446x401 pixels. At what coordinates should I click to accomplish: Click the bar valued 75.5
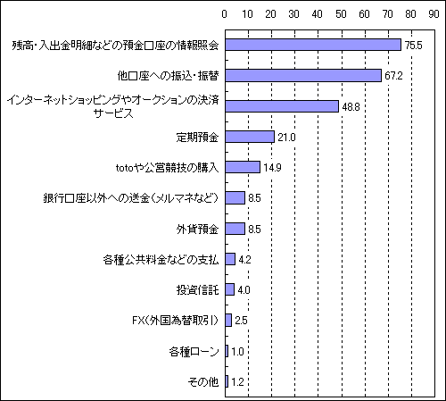pos(313,45)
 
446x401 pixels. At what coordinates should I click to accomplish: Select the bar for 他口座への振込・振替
pos(303,76)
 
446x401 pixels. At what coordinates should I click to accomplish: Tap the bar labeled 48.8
pos(282,106)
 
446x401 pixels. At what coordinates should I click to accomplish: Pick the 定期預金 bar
pos(250,137)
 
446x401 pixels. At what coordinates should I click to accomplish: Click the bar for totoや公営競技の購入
pos(243,167)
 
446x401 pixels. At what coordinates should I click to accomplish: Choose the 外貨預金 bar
pos(235,229)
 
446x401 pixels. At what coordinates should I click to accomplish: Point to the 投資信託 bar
pos(230,289)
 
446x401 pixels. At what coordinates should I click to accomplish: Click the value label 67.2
pos(393,76)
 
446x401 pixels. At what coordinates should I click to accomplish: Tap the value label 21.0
pos(286,138)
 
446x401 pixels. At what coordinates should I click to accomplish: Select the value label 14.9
pos(272,168)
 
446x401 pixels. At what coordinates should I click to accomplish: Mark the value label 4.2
pos(244,260)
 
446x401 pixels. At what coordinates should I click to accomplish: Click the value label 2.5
pos(241,321)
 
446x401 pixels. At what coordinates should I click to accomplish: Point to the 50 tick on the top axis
pos(341,14)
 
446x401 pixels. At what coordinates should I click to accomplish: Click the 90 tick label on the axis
pos(434,14)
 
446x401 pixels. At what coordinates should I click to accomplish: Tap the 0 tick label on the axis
pos(225,14)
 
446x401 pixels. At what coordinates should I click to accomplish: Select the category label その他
pos(203,381)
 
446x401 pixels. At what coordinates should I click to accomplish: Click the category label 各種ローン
pos(194,351)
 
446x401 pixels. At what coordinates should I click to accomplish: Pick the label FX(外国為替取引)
pos(176,321)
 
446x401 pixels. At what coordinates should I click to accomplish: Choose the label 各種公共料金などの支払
pos(161,260)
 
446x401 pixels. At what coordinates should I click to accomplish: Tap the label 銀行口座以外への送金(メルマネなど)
pos(131,198)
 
